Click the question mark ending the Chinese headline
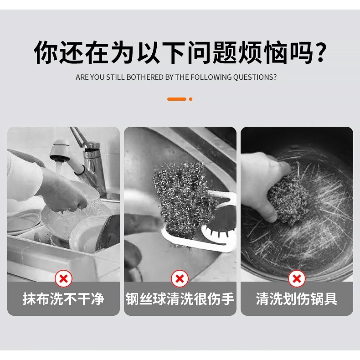321,53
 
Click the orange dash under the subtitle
176,99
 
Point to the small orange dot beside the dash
190,99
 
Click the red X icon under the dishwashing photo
63,278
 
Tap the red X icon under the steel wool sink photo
180,278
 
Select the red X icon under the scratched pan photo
297,278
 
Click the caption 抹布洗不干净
63,299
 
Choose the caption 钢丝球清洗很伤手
180,299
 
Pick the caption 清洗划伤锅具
297,299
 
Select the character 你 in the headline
46,53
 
